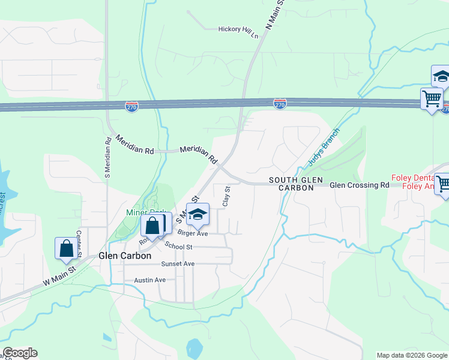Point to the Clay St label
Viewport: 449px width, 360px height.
226,196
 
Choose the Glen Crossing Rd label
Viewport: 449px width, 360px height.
360,185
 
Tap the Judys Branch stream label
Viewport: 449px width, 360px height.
324,147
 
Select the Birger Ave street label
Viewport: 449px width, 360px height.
192,233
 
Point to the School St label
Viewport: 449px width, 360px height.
178,247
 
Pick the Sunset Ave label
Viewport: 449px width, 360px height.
178,264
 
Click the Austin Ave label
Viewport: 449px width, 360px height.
149,280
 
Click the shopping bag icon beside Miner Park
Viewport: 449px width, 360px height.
152,226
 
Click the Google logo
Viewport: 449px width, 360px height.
20,353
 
